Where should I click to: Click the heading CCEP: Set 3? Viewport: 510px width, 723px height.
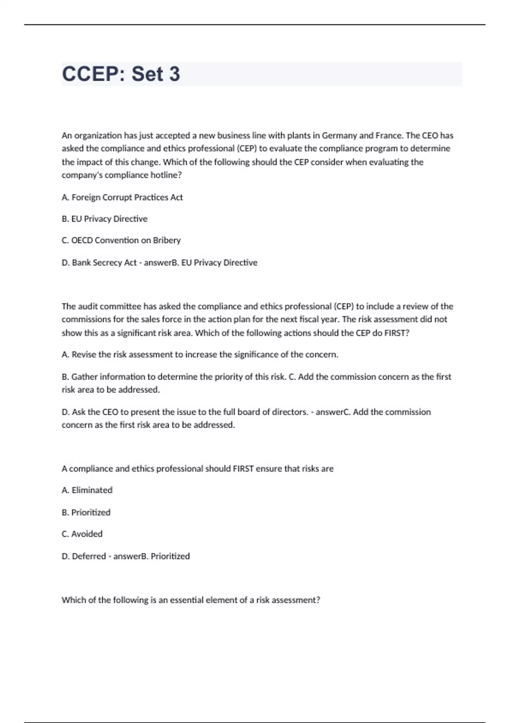[x=121, y=74]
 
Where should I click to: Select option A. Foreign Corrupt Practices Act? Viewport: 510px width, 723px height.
[x=122, y=197]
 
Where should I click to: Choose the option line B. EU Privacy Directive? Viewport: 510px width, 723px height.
[x=105, y=219]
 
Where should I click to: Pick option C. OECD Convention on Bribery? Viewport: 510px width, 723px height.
[x=121, y=240]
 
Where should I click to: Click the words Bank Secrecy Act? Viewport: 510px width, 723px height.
[x=104, y=263]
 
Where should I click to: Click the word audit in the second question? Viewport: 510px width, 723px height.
[x=87, y=307]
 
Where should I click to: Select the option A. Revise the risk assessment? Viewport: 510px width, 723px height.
[x=200, y=355]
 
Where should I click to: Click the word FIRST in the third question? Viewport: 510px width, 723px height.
[x=243, y=469]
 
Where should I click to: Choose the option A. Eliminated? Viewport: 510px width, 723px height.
[x=87, y=490]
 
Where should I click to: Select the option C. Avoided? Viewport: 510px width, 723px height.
[x=82, y=534]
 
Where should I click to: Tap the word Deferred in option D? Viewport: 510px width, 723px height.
[x=88, y=556]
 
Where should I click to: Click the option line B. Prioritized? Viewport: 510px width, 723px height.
[x=86, y=512]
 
